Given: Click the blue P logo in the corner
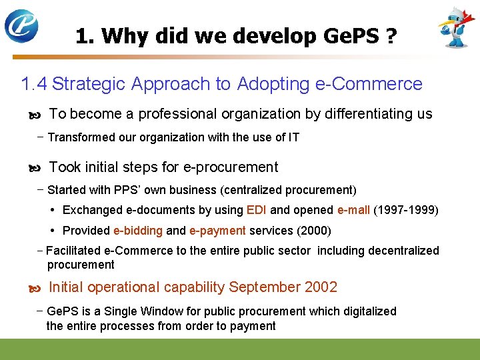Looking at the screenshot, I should pyautogui.click(x=21, y=26).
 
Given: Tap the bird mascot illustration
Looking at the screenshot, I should pyautogui.click(x=456, y=27).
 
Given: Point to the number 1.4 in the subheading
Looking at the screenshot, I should pyautogui.click(x=34, y=84).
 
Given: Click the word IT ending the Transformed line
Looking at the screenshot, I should pyautogui.click(x=293, y=137).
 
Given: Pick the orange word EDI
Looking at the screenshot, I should pyautogui.click(x=257, y=210).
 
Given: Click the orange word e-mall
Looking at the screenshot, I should pyautogui.click(x=353, y=210).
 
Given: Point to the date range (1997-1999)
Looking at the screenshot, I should pyautogui.click(x=407, y=210).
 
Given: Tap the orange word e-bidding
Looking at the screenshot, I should pyautogui.click(x=138, y=231).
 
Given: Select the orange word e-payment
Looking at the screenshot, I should pyautogui.click(x=218, y=231).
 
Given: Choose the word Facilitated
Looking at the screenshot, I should pyautogui.click(x=73, y=251).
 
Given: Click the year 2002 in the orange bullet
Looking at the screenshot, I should pyautogui.click(x=321, y=287).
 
